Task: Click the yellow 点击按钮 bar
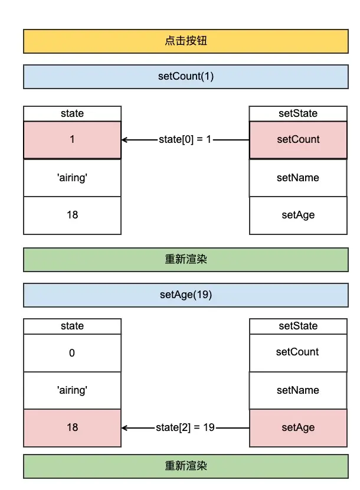pyautogui.click(x=185, y=41)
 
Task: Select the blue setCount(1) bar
pyautogui.click(x=185, y=77)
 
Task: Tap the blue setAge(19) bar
pyautogui.click(x=185, y=295)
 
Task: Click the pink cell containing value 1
pyautogui.click(x=72, y=140)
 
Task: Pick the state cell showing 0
pyautogui.click(x=72, y=353)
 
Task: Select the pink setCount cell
pyautogui.click(x=298, y=140)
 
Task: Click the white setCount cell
pyautogui.click(x=298, y=352)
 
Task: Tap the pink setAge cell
pyautogui.click(x=298, y=427)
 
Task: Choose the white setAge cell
pyautogui.click(x=298, y=215)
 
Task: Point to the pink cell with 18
pyautogui.click(x=72, y=427)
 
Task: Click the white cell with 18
pyautogui.click(x=72, y=215)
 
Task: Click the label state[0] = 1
pyautogui.click(x=185, y=140)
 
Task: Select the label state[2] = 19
pyautogui.click(x=185, y=427)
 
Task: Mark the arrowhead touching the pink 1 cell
pyautogui.click(x=125, y=140)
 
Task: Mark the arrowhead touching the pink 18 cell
pyautogui.click(x=125, y=427)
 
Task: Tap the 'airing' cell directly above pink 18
pyautogui.click(x=72, y=390)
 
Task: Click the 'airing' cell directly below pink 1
pyautogui.click(x=72, y=178)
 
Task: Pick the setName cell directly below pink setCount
pyautogui.click(x=298, y=178)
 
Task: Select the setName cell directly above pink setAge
pyautogui.click(x=298, y=390)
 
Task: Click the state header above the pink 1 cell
pyautogui.click(x=72, y=113)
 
